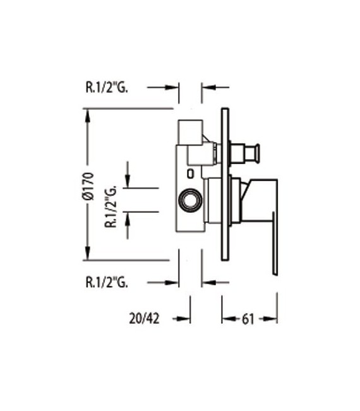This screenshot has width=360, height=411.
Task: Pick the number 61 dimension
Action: tap(247, 319)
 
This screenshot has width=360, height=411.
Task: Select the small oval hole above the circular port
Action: tap(190, 172)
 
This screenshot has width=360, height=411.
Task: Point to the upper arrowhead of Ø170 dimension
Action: tap(87, 114)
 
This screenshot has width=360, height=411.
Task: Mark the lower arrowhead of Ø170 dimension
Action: tap(87, 255)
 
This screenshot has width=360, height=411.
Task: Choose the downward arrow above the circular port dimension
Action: tap(128, 182)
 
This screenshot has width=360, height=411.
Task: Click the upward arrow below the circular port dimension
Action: tap(128, 217)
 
